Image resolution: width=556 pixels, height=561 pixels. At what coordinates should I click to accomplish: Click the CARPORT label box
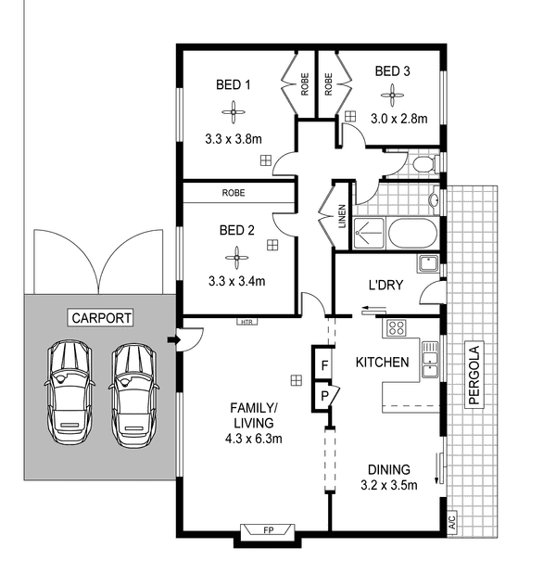(100, 318)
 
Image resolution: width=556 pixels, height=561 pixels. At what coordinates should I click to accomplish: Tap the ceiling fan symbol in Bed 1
(234, 112)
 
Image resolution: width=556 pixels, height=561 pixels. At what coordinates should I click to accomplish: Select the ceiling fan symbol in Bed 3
(392, 96)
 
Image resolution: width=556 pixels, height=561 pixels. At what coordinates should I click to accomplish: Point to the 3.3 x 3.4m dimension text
(236, 281)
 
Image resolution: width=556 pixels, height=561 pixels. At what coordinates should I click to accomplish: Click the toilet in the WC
(425, 164)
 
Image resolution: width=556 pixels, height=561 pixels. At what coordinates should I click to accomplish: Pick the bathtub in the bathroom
(413, 234)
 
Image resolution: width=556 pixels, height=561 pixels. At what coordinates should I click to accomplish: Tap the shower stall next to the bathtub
(368, 234)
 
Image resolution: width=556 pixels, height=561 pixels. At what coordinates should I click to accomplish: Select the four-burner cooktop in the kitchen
(397, 327)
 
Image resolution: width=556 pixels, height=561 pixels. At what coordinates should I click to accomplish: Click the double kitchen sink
(430, 359)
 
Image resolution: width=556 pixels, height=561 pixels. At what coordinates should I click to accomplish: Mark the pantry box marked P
(324, 396)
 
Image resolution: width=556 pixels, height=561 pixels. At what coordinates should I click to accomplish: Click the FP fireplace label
(268, 530)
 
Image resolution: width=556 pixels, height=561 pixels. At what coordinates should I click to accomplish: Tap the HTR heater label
(247, 322)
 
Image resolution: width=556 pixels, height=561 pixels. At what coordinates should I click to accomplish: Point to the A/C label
(452, 522)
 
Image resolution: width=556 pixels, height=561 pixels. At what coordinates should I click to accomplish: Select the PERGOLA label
(474, 375)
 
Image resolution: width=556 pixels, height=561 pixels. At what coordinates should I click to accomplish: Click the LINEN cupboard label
(342, 216)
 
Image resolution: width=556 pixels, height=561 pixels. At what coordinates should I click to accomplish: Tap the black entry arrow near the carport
(172, 339)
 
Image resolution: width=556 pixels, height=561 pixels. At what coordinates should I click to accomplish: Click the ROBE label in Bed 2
(234, 193)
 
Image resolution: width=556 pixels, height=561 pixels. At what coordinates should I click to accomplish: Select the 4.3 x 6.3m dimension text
(254, 439)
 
